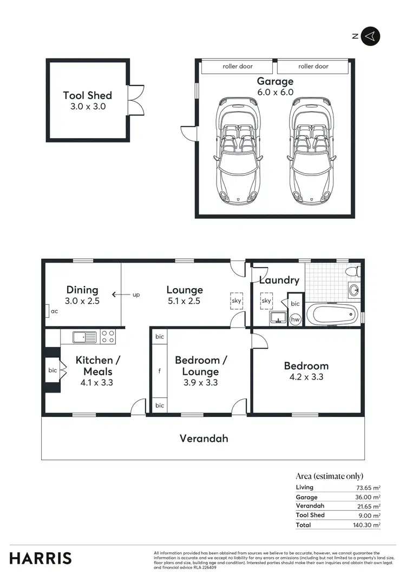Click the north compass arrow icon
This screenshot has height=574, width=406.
tap(371, 36)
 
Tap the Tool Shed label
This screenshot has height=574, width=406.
tap(88, 96)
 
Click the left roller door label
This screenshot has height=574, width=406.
tap(238, 67)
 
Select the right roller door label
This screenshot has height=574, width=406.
tap(313, 67)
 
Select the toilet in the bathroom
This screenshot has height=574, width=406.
tap(351, 270)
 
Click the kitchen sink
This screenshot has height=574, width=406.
tap(84, 337)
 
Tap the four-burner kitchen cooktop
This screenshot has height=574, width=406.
tap(108, 337)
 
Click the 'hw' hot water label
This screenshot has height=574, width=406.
tap(296, 319)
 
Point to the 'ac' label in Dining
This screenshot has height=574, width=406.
tap(54, 311)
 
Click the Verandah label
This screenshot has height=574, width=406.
tap(204, 439)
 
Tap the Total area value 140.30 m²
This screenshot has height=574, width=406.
tap(368, 525)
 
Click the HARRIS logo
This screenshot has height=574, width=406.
tap(41, 557)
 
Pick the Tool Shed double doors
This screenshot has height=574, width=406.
tap(135, 100)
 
